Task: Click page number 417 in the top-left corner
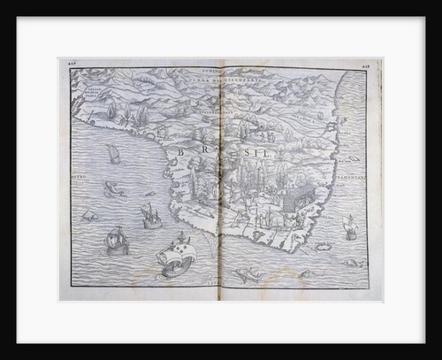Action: (x=67, y=63)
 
